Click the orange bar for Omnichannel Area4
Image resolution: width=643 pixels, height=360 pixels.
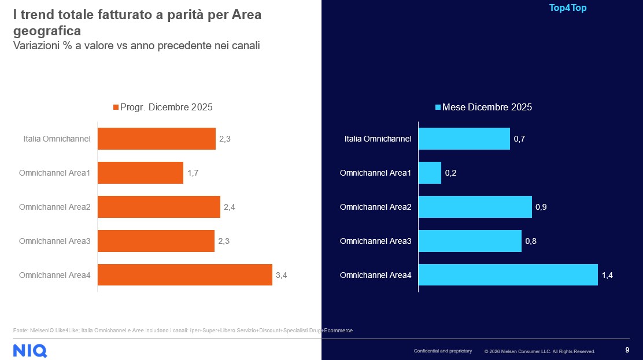[185, 275]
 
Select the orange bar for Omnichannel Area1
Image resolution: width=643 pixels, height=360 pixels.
[141, 173]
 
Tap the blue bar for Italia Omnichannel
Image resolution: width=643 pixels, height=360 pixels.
[464, 139]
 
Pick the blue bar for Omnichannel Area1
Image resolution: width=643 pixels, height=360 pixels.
[430, 173]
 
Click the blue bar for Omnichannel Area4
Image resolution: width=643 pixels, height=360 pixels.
[508, 275]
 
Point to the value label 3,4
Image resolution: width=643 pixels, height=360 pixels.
[282, 276]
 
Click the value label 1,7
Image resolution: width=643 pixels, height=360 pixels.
[193, 173]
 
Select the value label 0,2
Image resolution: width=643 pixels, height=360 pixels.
[451, 173]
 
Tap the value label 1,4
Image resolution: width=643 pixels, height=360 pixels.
[607, 276]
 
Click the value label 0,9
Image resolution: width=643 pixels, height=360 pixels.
[541, 207]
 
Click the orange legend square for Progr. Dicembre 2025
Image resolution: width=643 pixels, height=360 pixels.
[116, 107]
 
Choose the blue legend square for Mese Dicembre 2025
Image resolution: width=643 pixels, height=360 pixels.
[438, 107]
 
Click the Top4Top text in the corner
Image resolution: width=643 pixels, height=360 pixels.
[567, 8]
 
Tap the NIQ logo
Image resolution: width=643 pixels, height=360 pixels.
[30, 350]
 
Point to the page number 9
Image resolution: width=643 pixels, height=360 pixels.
[627, 350]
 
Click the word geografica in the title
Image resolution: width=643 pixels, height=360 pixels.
[47, 31]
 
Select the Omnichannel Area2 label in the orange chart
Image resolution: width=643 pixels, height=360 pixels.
[55, 207]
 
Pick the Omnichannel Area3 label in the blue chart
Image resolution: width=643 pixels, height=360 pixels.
[375, 241]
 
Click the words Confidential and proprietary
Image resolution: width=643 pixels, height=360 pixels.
[442, 351]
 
